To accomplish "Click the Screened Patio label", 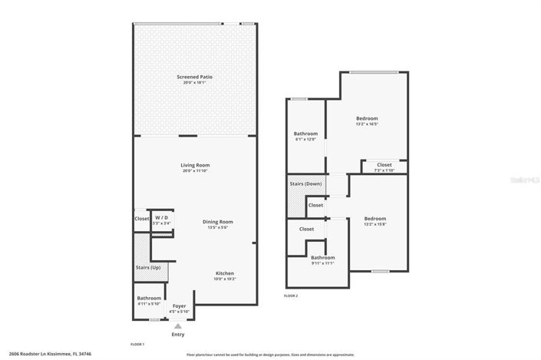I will tap(195, 77).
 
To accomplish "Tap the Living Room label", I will tap(195, 165).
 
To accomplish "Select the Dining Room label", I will tap(217, 222).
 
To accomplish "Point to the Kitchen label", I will tap(225, 274).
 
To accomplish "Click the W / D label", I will tap(161, 218).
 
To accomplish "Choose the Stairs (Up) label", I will tap(148, 266).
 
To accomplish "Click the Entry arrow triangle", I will tap(178, 326).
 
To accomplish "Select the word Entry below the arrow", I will tap(178, 335).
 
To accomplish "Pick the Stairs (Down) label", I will tap(305, 184).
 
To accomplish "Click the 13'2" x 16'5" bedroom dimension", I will tap(367, 124).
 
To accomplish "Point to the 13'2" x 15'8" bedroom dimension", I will tap(375, 224).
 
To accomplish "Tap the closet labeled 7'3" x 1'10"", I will tap(384, 170).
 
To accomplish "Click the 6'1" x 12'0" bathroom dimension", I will tap(305, 139).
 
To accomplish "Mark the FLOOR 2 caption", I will tap(291, 296).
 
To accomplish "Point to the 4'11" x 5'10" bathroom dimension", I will tap(149, 304).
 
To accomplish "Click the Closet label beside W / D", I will tap(142, 219).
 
